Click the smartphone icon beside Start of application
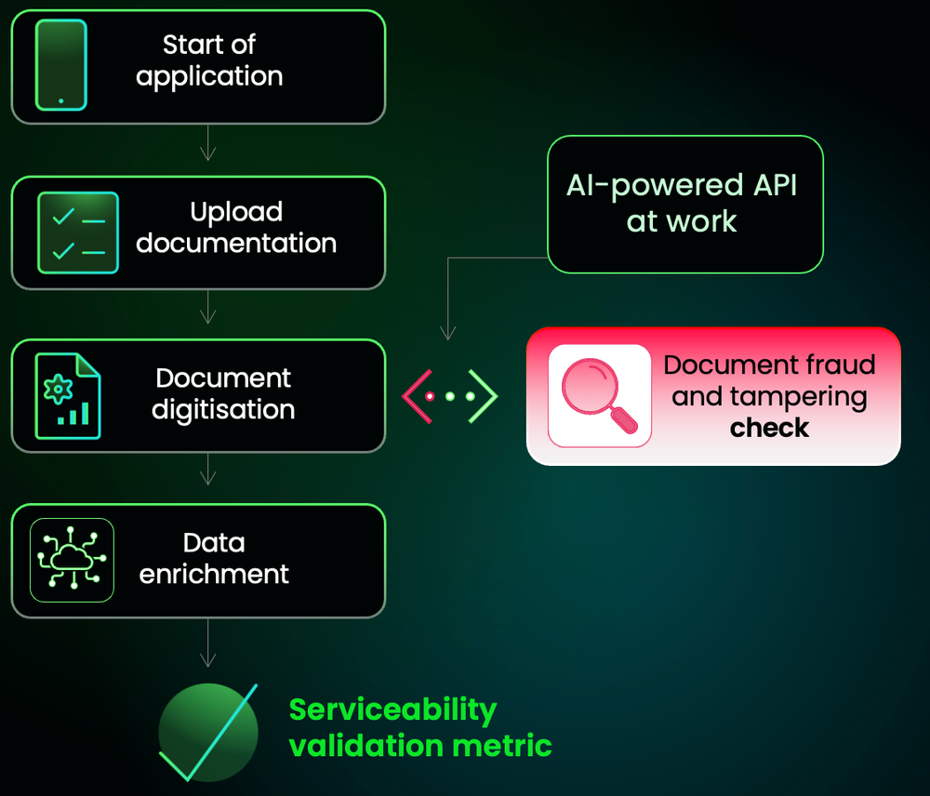(x=61, y=65)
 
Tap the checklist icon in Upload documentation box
(x=78, y=232)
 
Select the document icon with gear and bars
(x=67, y=395)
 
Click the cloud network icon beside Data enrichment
(x=72, y=559)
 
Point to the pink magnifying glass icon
(x=599, y=395)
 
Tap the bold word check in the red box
(x=769, y=428)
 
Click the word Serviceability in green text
(x=392, y=710)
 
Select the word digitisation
(x=223, y=410)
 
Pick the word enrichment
(x=214, y=574)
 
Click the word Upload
(x=236, y=212)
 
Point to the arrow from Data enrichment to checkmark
(x=208, y=643)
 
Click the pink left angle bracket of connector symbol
(x=413, y=396)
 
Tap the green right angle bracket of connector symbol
(x=485, y=396)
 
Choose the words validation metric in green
(x=420, y=746)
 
